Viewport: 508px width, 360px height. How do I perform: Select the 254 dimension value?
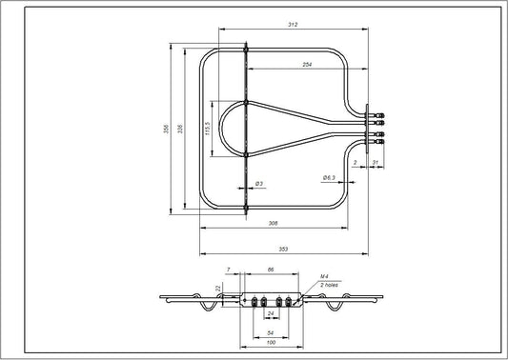(307, 64)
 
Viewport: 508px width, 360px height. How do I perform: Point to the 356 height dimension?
(168, 130)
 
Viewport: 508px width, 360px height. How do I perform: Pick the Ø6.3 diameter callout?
(326, 177)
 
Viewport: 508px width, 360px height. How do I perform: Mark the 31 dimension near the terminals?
(376, 163)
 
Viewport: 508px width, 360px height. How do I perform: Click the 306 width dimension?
(273, 223)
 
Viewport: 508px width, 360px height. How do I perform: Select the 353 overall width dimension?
(283, 249)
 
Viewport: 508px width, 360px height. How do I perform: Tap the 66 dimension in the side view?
(271, 270)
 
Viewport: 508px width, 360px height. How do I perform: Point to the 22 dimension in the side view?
(217, 289)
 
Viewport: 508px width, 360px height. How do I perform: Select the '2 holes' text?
(329, 285)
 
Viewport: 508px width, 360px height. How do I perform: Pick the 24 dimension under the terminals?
(271, 312)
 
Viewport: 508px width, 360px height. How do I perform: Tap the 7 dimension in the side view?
(229, 270)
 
